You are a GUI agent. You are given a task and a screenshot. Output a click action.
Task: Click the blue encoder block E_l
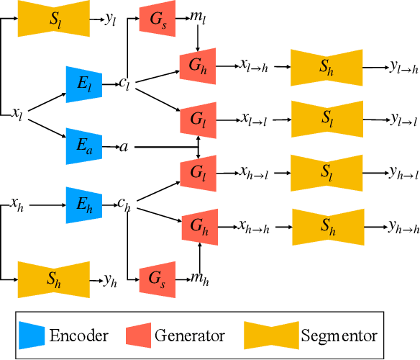[x=80, y=84]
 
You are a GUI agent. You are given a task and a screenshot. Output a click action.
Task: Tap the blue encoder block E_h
[x=80, y=204]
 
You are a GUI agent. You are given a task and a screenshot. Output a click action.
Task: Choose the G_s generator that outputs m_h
[x=157, y=276]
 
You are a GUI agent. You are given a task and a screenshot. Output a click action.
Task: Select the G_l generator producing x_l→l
[x=198, y=117]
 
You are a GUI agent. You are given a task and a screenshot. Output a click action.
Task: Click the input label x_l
[x=17, y=113]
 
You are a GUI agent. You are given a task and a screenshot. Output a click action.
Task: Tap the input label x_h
[x=17, y=205]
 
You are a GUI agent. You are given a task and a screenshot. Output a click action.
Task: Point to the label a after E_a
[x=124, y=146]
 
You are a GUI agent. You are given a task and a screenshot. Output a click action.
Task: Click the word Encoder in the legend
[x=78, y=334]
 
